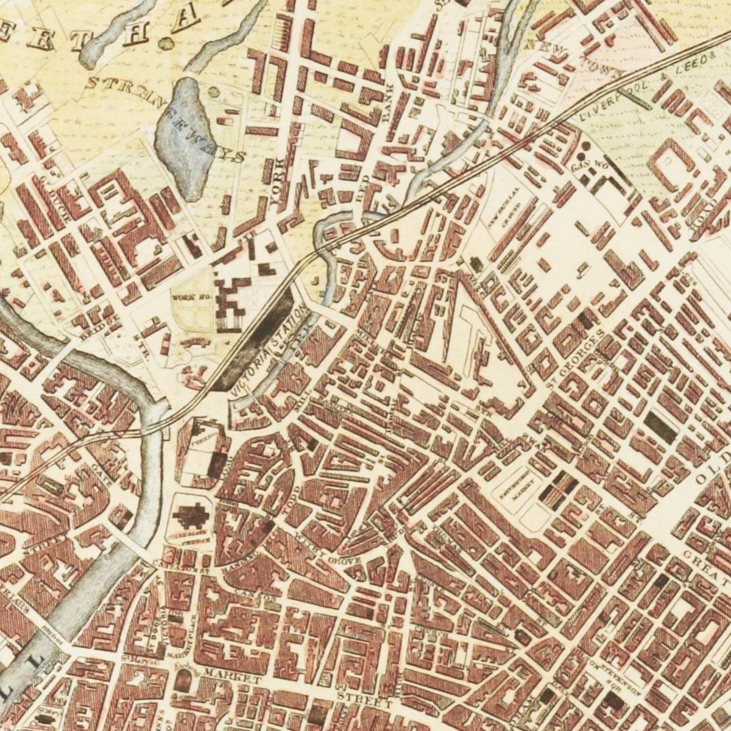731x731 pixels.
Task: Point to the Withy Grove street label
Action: [330, 552]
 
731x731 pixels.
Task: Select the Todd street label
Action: [294, 494]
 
